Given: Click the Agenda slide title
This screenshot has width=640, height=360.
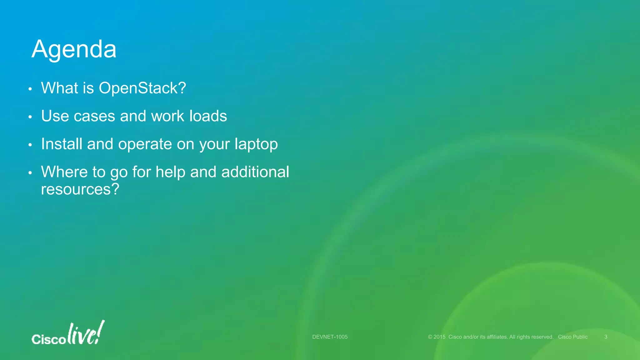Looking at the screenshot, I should point(74,49).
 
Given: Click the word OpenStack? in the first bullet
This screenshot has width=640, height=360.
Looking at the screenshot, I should point(142,88).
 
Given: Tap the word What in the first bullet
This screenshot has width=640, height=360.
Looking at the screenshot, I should point(59,88).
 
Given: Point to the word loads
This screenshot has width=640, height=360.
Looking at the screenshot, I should point(208,116).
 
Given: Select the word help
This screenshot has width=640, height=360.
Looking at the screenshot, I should point(170,172).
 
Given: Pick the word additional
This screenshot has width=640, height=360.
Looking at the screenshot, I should point(255,172).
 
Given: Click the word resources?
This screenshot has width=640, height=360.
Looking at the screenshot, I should point(80,189).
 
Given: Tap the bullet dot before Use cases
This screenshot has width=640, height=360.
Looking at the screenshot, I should point(30,117).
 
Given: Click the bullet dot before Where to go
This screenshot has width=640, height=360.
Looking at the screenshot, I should point(30,173).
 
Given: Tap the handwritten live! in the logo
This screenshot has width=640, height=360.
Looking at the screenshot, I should point(86,333).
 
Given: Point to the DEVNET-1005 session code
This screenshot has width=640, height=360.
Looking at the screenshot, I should point(330,337).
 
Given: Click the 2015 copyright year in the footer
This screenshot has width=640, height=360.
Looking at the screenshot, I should point(439,337).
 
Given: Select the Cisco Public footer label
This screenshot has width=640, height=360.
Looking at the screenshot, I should point(572,337).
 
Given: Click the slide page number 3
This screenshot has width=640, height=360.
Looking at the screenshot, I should point(606,337).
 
